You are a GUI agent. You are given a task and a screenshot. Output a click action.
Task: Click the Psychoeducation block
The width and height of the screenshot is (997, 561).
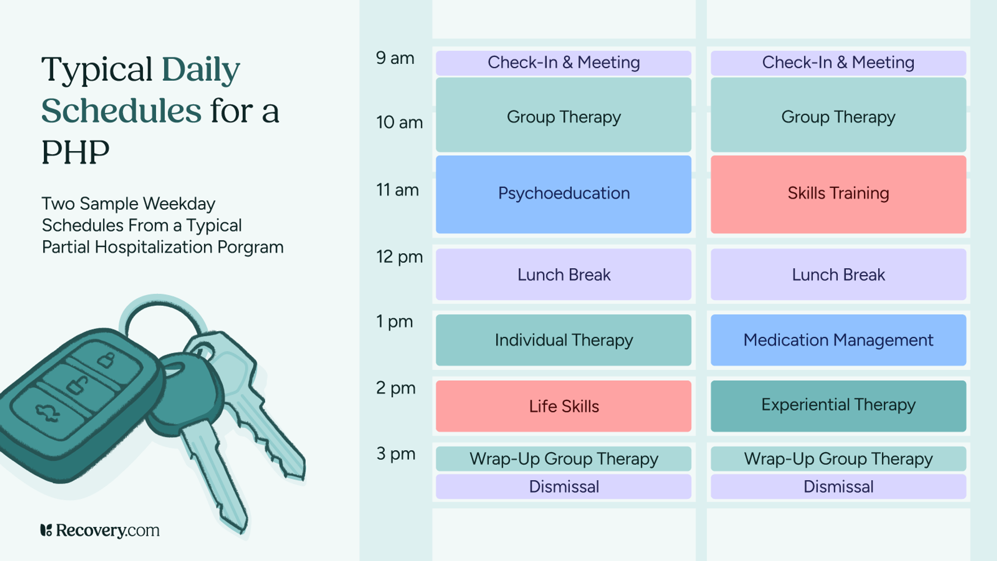click(563, 194)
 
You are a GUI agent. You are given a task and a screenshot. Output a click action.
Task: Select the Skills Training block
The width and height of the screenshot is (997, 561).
click(838, 194)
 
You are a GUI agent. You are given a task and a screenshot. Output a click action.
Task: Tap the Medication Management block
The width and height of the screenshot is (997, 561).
click(838, 340)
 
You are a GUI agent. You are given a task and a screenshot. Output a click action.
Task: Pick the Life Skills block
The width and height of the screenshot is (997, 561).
click(563, 406)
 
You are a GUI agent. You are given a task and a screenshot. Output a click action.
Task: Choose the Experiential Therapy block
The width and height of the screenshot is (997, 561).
click(838, 405)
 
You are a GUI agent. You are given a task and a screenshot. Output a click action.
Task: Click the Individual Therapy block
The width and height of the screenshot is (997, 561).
click(563, 340)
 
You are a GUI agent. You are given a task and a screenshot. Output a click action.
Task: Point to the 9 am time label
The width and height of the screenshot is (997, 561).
click(395, 58)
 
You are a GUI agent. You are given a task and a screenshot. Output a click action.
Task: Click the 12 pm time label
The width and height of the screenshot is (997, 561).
click(399, 257)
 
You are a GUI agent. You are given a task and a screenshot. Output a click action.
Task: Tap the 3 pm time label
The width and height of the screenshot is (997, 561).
click(396, 454)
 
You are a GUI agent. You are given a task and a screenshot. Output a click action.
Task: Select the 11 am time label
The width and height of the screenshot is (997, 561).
click(397, 190)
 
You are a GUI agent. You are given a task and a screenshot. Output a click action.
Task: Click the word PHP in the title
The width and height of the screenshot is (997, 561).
click(75, 153)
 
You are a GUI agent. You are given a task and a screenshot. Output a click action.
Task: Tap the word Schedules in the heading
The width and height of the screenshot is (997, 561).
click(121, 111)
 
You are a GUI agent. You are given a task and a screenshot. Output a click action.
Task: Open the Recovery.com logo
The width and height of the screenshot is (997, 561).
click(100, 530)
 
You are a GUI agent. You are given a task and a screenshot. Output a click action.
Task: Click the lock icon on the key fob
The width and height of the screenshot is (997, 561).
click(106, 360)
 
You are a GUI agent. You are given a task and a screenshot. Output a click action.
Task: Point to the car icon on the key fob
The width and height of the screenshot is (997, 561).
click(47, 412)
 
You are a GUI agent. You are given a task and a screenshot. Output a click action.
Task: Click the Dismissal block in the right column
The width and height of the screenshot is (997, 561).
click(838, 486)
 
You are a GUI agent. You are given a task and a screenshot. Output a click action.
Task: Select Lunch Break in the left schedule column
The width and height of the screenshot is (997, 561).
click(563, 275)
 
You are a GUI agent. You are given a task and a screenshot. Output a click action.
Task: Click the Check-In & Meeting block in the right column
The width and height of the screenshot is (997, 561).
click(838, 63)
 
